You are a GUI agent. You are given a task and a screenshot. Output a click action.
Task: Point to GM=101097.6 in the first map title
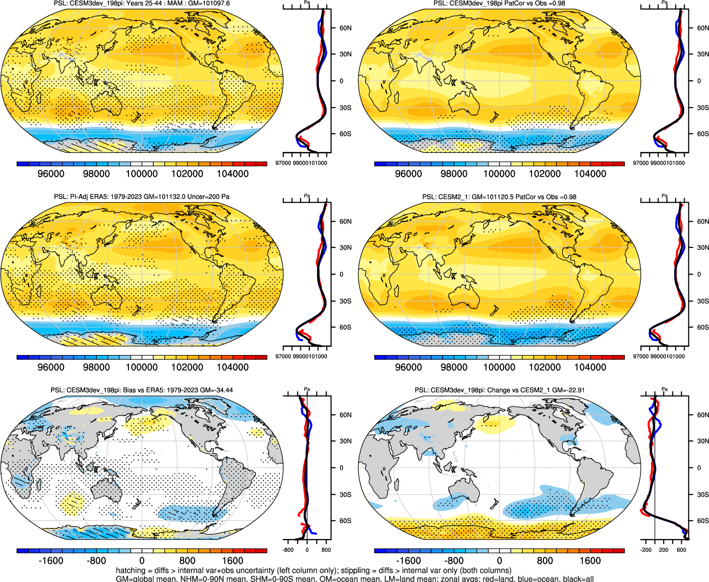(x=209, y=3)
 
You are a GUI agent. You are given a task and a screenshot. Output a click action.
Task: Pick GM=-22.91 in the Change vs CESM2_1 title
(x=568, y=390)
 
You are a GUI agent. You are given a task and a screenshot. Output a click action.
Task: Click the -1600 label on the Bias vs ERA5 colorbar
(x=51, y=561)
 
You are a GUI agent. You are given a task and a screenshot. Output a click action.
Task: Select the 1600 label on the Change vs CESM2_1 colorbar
(x=590, y=561)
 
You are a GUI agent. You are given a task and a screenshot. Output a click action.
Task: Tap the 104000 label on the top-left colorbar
(x=233, y=174)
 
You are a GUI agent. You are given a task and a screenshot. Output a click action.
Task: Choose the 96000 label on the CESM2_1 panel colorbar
(x=408, y=367)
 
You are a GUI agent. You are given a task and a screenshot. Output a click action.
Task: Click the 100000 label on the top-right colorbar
(x=499, y=174)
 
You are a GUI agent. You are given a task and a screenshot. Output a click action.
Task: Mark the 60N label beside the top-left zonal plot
(x=345, y=28)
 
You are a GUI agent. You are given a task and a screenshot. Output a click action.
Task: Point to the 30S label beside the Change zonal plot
(x=702, y=495)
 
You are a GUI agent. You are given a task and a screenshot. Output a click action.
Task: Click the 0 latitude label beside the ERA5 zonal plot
(x=341, y=275)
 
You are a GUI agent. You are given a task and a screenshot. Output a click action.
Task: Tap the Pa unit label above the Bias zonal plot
(x=307, y=389)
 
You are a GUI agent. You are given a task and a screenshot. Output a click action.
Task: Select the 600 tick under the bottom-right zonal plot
(x=681, y=550)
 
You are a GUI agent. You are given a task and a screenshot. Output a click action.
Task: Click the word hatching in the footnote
(x=130, y=571)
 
